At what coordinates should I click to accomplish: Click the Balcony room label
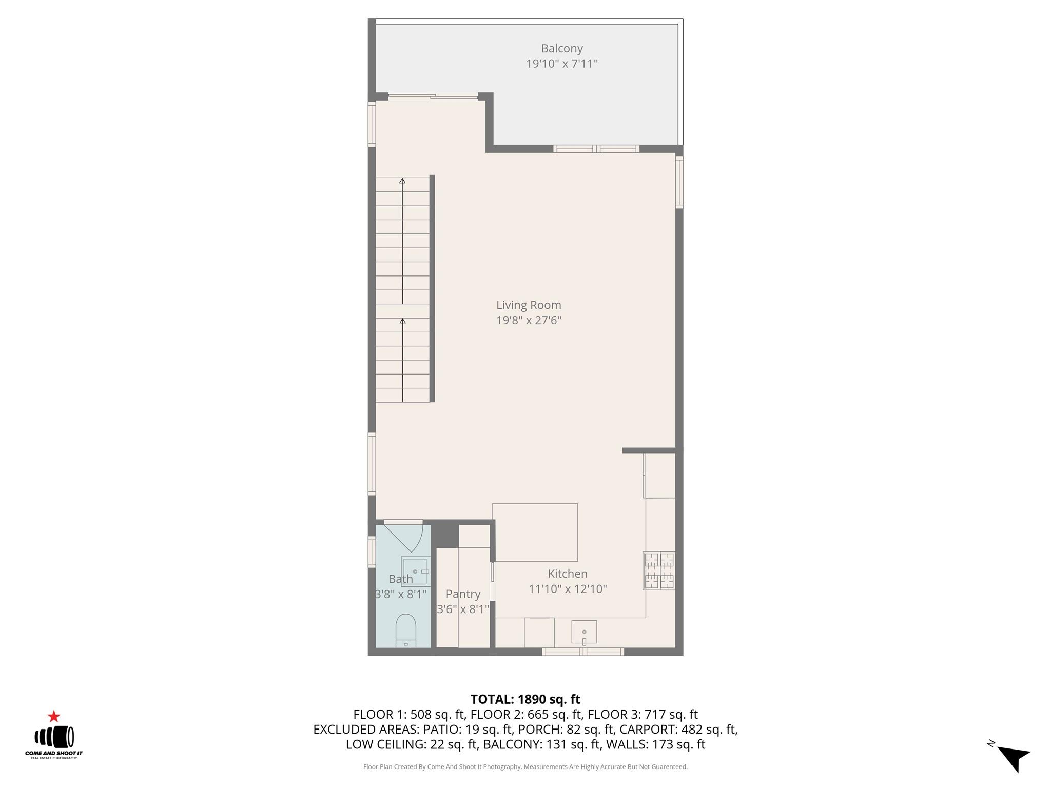coord(562,48)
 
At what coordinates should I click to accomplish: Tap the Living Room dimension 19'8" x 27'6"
coord(529,321)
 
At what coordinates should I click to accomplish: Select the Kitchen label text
coord(567,574)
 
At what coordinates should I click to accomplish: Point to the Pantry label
coord(463,594)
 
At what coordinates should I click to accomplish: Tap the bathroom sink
coord(415,571)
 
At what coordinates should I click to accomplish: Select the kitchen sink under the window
coord(584,632)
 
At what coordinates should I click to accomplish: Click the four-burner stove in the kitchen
coord(659,570)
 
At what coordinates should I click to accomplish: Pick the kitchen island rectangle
coord(535,531)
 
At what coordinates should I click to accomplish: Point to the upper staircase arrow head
coord(402,181)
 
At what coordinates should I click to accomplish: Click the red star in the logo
coord(53,717)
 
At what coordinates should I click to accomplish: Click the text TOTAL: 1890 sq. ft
coord(525,699)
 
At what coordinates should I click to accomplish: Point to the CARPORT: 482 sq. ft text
coord(677,729)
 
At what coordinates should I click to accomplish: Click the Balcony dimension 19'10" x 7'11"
coord(562,64)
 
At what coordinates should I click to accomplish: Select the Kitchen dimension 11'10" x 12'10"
coord(568,589)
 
